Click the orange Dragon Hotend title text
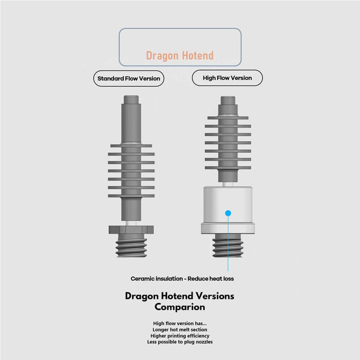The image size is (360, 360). [x=180, y=56]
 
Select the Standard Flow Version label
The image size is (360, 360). [x=129, y=78]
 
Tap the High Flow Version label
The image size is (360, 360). [x=227, y=78]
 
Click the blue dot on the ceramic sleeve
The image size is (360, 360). [x=228, y=213]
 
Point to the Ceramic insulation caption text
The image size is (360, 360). [x=182, y=278]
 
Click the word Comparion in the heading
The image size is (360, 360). [x=180, y=307]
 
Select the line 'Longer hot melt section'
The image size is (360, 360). [x=180, y=329]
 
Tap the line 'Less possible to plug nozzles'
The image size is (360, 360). [x=180, y=342]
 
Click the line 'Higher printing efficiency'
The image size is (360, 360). [x=180, y=336]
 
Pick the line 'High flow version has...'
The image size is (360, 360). [x=180, y=323]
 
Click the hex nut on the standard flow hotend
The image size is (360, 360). [x=131, y=230]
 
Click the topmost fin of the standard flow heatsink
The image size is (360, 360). [x=131, y=146]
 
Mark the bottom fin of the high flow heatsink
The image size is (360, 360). [x=228, y=168]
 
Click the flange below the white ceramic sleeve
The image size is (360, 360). [x=228, y=229]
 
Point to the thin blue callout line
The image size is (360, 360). [x=228, y=243]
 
